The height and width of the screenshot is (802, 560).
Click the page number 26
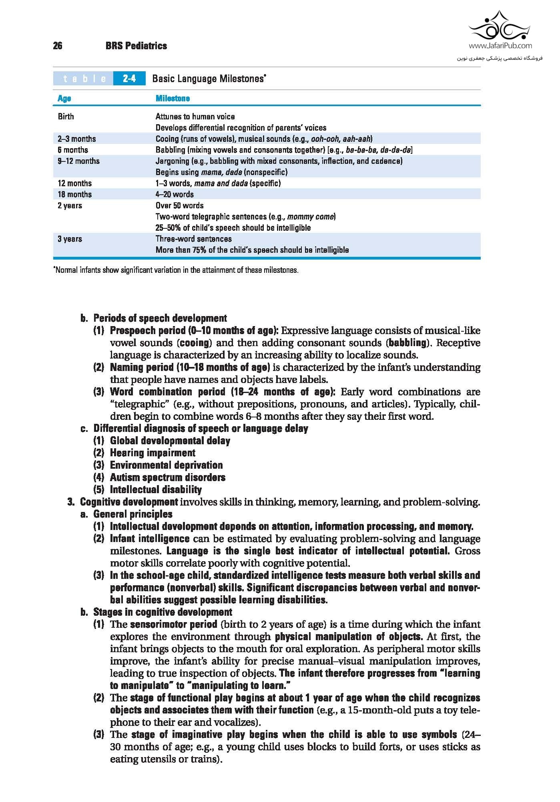click(58, 46)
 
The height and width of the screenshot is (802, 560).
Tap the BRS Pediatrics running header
click(136, 46)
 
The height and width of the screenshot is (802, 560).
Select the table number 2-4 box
click(129, 79)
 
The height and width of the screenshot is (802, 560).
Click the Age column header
click(64, 98)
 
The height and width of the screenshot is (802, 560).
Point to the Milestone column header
click(173, 98)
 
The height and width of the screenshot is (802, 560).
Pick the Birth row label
click(66, 117)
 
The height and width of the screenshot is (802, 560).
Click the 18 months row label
click(75, 194)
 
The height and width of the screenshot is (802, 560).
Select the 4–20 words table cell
click(175, 194)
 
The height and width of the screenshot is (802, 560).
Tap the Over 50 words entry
click(179, 206)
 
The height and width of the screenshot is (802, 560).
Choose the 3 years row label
click(70, 239)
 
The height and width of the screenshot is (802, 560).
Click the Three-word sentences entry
click(193, 239)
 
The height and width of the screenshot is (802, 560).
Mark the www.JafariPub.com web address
click(500, 46)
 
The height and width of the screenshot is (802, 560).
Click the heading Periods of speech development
click(160, 318)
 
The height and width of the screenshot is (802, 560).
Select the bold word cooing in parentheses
click(194, 343)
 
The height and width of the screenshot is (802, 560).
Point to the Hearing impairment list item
click(153, 453)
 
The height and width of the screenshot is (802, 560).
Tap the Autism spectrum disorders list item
click(167, 477)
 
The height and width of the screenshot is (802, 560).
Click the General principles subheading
click(133, 514)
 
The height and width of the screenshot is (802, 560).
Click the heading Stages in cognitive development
click(163, 612)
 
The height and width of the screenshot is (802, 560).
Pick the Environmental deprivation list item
click(166, 465)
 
